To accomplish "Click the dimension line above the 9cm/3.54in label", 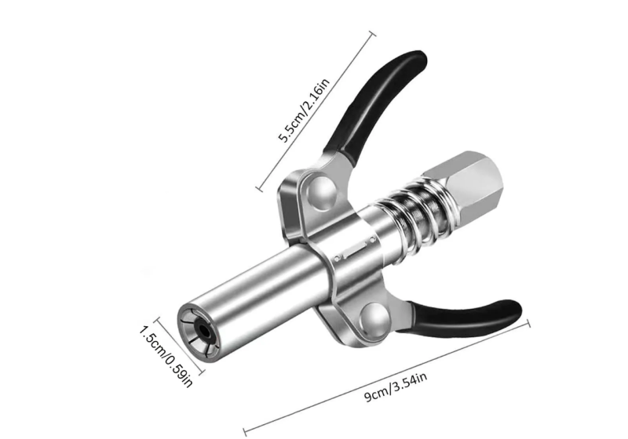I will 389,373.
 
